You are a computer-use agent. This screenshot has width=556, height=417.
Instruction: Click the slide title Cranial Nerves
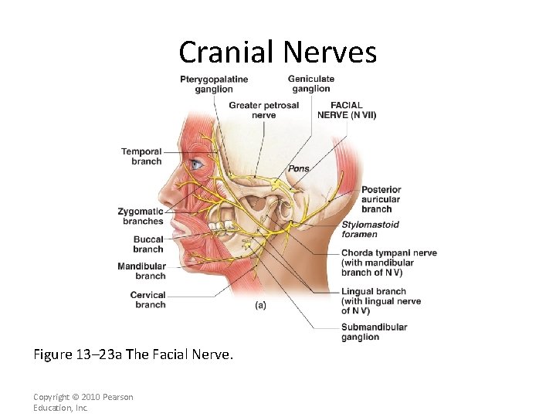[x=277, y=53]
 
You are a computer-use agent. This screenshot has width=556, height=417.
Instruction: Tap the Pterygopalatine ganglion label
[x=214, y=84]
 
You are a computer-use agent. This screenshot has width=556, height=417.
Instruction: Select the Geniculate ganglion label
[x=310, y=83]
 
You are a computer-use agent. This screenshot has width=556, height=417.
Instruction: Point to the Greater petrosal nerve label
[x=263, y=110]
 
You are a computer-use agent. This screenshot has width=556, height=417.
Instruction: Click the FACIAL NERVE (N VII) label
[x=347, y=110]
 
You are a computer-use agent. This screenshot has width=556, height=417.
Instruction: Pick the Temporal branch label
[x=141, y=157]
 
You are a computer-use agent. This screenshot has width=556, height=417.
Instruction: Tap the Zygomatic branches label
[x=141, y=216]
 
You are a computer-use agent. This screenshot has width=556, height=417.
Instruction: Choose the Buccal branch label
[x=147, y=244]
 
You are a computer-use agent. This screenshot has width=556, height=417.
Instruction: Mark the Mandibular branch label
[x=141, y=271]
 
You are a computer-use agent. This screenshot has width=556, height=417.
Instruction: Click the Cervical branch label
[x=147, y=300]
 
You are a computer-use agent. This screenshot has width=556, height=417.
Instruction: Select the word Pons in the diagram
[x=299, y=169]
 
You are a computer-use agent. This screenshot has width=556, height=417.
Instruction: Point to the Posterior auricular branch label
[x=381, y=199]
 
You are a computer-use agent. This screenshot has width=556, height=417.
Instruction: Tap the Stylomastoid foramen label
[x=370, y=229]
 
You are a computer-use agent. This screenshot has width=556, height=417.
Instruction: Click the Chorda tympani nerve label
[x=388, y=263]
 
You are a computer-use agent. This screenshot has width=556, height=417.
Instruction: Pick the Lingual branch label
[x=381, y=301]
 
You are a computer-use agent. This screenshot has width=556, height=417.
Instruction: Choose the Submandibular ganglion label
[x=374, y=332]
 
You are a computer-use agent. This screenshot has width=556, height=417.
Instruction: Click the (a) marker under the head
[x=260, y=305]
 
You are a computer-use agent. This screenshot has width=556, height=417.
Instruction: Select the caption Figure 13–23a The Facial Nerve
[x=133, y=354]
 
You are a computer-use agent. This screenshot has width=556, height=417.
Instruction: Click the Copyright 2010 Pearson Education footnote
[x=83, y=402]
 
